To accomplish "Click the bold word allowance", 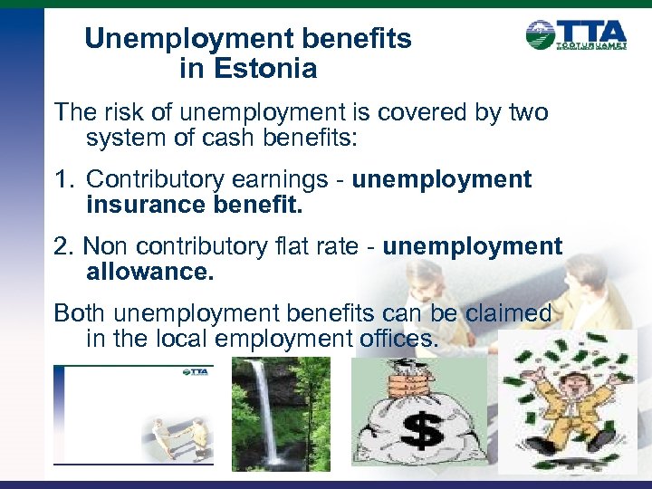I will tap(150, 271).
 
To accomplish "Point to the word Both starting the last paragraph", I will tap(80, 313).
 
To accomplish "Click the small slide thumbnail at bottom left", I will tap(133, 415).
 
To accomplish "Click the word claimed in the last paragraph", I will tap(508, 313).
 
